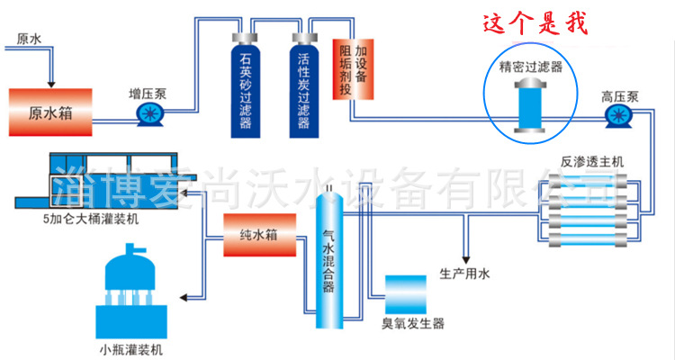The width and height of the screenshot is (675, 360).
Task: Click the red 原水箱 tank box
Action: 49,112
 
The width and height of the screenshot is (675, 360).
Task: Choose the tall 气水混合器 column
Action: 329,261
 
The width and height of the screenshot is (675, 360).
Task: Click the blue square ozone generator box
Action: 405,294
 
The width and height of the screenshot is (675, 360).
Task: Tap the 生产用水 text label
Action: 464,273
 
